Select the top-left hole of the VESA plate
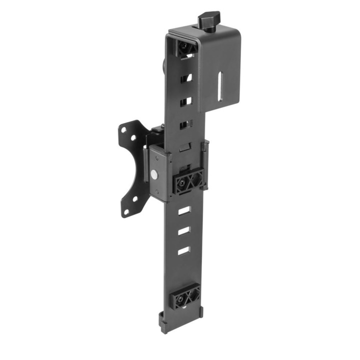[x=122, y=128]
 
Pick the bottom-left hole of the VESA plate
[x=125, y=212]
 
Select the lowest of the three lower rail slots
[x=183, y=250]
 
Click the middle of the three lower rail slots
[x=183, y=230]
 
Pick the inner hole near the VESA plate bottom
[x=135, y=199]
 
